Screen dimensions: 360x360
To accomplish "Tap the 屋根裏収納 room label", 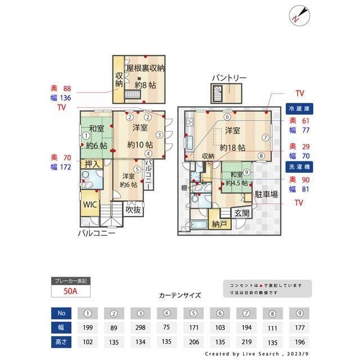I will [x=145, y=68].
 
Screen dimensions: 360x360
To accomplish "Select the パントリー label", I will [x=229, y=77].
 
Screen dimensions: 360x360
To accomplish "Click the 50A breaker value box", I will [x=70, y=291].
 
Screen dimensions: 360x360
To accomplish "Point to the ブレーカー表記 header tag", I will [x=70, y=280].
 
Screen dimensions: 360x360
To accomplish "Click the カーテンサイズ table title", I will [x=179, y=295].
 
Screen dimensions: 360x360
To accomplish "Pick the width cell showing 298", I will [x=140, y=326].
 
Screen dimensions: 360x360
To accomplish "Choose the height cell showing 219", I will [x=247, y=340].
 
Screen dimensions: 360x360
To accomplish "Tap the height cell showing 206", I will [x=194, y=340].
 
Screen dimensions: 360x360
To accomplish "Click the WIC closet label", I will [x=91, y=205].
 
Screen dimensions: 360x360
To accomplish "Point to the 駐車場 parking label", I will [x=266, y=195].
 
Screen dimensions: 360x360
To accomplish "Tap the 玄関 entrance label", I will [x=242, y=213].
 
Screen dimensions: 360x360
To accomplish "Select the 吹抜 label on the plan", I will [x=133, y=210].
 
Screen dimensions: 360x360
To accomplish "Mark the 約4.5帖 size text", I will [x=237, y=183].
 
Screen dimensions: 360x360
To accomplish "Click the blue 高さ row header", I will [x=61, y=340].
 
